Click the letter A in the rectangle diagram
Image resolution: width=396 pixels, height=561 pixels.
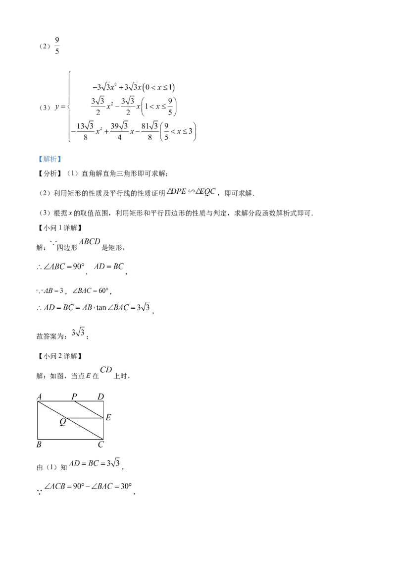(x=39, y=396)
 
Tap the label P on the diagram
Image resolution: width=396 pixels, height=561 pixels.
(x=74, y=396)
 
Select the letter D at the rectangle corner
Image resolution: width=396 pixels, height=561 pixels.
(x=100, y=396)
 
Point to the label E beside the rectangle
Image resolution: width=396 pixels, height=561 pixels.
(x=108, y=418)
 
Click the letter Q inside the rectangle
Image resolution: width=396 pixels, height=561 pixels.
(x=63, y=422)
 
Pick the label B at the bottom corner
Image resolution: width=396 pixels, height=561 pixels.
(x=39, y=445)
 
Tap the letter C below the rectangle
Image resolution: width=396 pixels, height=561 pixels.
(x=100, y=445)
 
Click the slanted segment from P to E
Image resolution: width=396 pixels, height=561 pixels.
(x=89, y=409)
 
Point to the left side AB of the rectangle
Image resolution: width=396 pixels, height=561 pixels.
(x=38, y=420)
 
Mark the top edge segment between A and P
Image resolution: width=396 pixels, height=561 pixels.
(x=55, y=401)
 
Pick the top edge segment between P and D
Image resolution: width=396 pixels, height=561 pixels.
(x=88, y=401)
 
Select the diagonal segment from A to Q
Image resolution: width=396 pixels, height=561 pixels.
(x=52, y=409)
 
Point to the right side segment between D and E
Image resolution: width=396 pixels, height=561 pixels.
(x=103, y=409)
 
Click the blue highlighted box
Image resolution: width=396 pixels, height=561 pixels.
(x=49, y=159)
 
